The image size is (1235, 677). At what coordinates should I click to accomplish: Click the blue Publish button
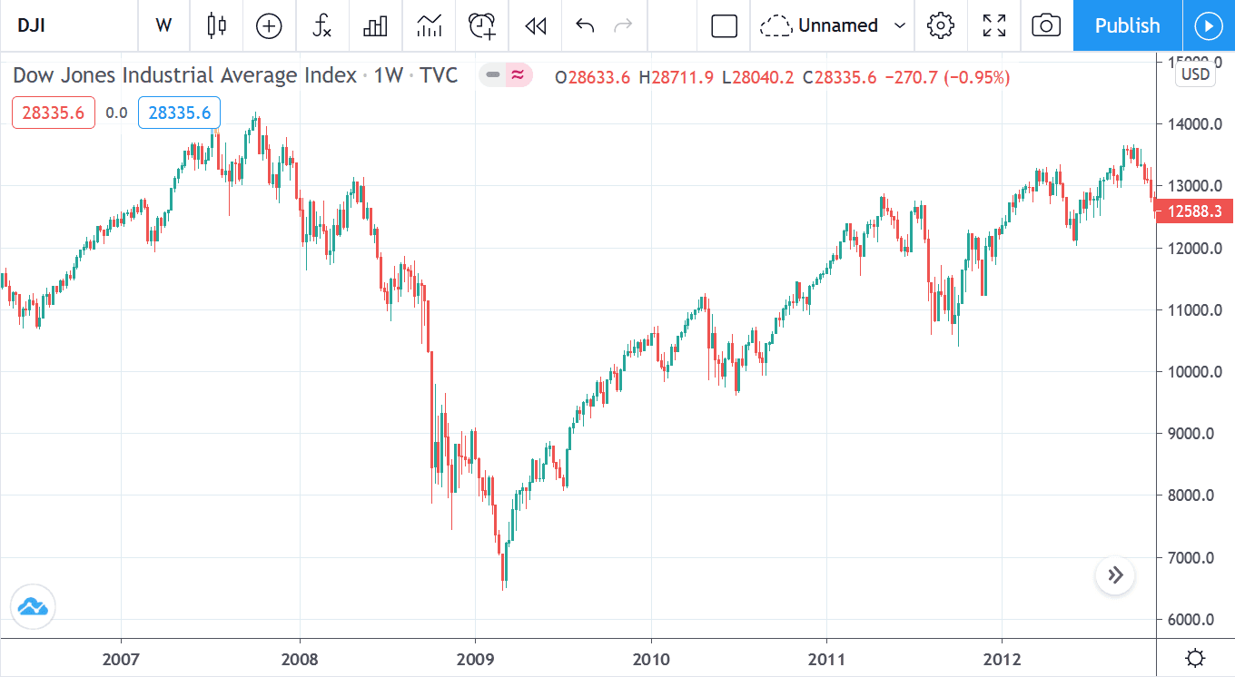tap(1127, 25)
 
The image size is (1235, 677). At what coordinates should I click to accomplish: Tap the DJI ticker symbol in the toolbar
tap(33, 25)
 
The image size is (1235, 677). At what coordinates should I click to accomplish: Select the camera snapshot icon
tap(1046, 25)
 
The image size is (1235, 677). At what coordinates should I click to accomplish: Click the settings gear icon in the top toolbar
tap(940, 25)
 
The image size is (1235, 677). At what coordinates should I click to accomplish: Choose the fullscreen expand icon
tap(993, 25)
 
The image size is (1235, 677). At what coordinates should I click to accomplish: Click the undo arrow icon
tap(585, 25)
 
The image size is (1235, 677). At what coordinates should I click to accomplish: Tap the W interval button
tap(163, 25)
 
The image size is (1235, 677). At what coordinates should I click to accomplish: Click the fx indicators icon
tap(321, 25)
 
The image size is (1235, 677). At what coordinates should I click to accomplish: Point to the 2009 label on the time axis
tap(474, 658)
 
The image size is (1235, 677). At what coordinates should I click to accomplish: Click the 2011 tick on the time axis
tap(826, 658)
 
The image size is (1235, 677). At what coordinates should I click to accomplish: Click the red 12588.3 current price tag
tap(1193, 211)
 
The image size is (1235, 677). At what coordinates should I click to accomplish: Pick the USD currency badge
tap(1195, 74)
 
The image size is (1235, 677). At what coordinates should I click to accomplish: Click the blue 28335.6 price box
tap(179, 113)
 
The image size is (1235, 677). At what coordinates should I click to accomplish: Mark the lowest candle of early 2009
tap(504, 572)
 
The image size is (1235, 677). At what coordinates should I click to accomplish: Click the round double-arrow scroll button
tap(1115, 575)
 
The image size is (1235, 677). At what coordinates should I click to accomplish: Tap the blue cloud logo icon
tap(33, 607)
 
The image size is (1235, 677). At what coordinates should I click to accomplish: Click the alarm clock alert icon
tap(481, 25)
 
